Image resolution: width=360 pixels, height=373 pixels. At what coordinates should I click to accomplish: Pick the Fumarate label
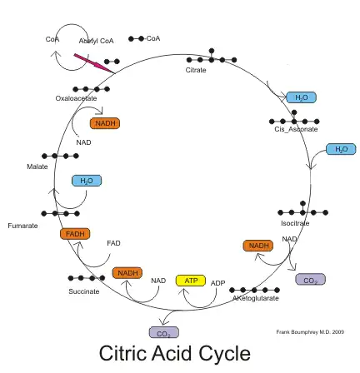[x=22, y=225]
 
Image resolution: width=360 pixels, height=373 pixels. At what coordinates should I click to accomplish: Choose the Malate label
[x=37, y=166]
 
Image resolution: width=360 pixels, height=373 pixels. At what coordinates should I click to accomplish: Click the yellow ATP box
[x=190, y=281]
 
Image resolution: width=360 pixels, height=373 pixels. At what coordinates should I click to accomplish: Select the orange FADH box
[x=75, y=234]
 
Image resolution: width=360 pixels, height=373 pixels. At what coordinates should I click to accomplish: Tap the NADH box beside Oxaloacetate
[x=105, y=123]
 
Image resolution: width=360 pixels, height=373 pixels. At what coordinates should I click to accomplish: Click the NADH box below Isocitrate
[x=257, y=246]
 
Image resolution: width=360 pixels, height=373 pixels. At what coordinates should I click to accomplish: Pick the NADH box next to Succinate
[x=127, y=273]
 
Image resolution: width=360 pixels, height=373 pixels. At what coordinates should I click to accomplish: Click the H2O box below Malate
[x=86, y=180]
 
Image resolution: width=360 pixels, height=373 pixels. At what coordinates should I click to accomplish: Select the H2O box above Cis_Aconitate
[x=301, y=97]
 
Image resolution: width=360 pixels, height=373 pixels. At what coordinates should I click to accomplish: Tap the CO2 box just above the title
[x=163, y=333]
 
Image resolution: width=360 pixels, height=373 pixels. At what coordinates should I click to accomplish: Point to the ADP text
[x=217, y=282]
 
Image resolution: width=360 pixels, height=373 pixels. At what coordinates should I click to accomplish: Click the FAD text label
[x=113, y=243]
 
